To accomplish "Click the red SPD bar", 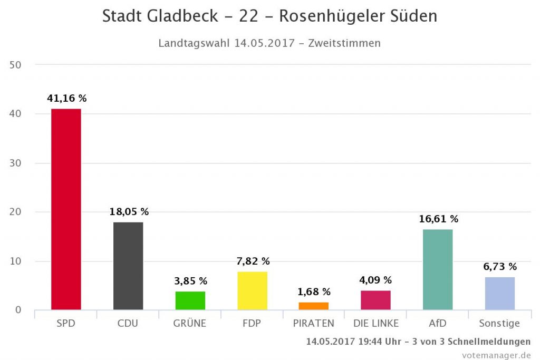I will click(66, 209).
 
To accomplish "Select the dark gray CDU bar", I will click(128, 266).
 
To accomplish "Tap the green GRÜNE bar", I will click(190, 300).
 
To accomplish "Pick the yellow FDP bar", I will click(253, 290).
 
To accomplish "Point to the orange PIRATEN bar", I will click(314, 306).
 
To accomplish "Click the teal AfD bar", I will click(438, 269).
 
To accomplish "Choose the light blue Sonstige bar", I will click(500, 293).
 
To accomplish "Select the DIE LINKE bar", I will click(375, 300).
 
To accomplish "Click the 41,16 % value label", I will click(66, 98).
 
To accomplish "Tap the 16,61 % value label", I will click(438, 219).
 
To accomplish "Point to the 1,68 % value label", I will click(314, 291).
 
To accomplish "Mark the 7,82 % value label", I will click(253, 261).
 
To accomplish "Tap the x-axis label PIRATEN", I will click(314, 324).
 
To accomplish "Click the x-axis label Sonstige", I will click(499, 324).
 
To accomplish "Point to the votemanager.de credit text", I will click(496, 355).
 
